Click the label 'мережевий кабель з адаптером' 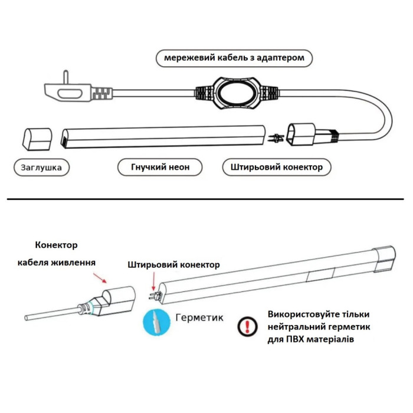pyautogui.click(x=234, y=58)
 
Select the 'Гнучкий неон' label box pyautogui.click(x=160, y=167)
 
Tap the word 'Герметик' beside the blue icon pyautogui.click(x=199, y=318)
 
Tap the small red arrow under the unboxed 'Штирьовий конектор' pyautogui.click(x=152, y=278)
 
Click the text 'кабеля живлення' pyautogui.click(x=56, y=262)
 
